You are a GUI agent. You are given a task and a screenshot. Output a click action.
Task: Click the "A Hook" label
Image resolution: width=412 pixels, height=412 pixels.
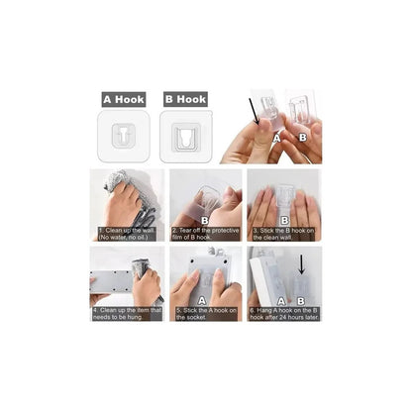[x=124, y=99]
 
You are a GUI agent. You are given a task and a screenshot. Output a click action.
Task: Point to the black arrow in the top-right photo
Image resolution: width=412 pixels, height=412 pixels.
[x=260, y=108]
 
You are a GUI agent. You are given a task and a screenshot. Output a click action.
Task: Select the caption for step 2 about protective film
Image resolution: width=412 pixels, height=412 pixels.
[x=205, y=235]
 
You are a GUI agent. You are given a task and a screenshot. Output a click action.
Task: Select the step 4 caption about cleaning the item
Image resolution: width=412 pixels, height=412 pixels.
[x=127, y=313]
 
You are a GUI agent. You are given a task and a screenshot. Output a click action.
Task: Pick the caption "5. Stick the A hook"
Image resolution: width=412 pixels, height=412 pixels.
[x=205, y=313]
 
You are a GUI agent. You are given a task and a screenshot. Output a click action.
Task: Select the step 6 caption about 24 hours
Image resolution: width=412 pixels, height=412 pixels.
[x=283, y=313]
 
